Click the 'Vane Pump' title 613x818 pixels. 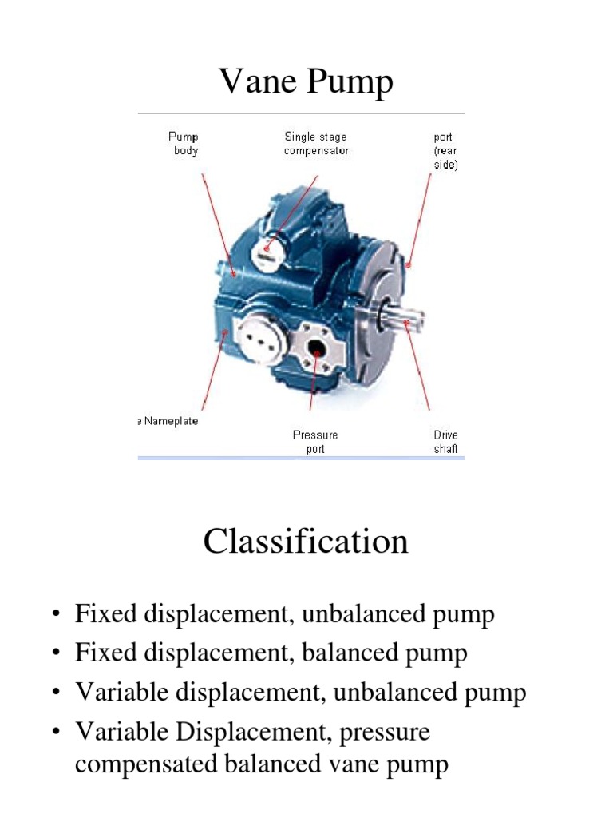click(x=306, y=81)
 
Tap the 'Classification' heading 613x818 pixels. click(x=306, y=542)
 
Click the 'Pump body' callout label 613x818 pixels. click(x=184, y=144)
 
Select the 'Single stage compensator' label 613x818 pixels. click(x=316, y=144)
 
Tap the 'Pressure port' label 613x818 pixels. click(x=315, y=442)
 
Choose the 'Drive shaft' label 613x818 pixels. click(x=445, y=442)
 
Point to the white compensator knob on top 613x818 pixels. click(x=266, y=252)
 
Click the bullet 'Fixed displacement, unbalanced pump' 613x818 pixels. click(x=284, y=614)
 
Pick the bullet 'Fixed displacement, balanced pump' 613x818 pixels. click(x=271, y=653)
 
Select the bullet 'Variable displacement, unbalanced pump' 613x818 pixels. click(x=300, y=692)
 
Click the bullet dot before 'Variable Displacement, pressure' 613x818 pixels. click(x=56, y=733)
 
